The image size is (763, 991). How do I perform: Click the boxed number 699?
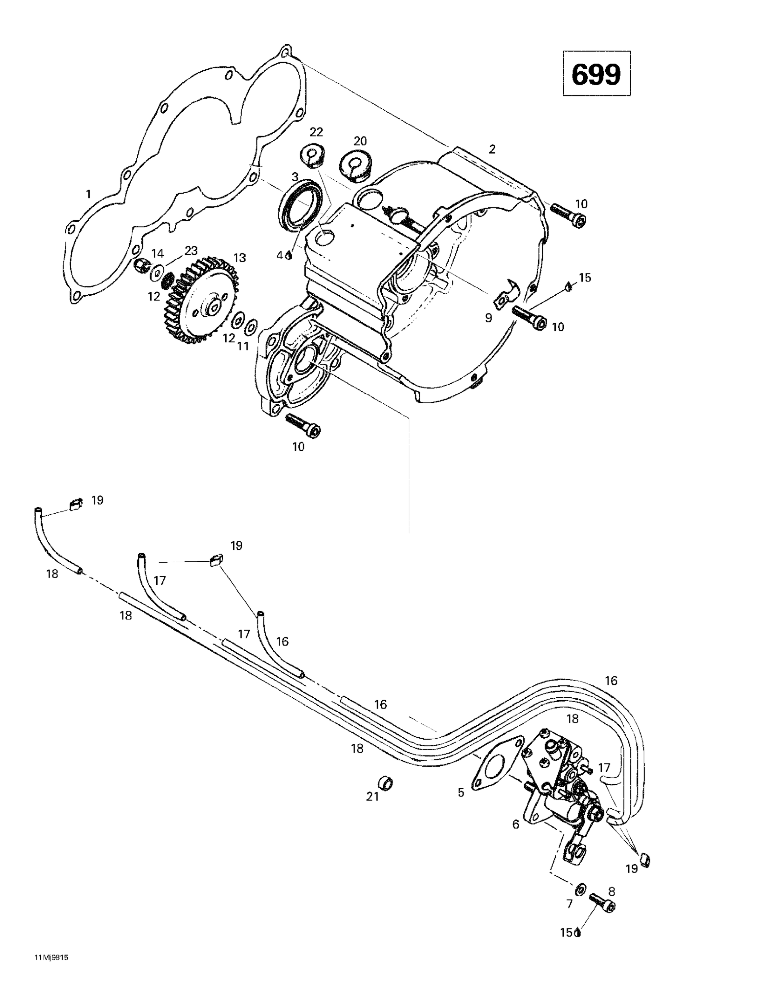(x=596, y=74)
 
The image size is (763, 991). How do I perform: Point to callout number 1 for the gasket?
(x=88, y=194)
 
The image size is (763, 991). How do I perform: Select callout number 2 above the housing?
(x=492, y=149)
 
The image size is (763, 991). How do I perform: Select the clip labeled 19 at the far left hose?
(x=75, y=504)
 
